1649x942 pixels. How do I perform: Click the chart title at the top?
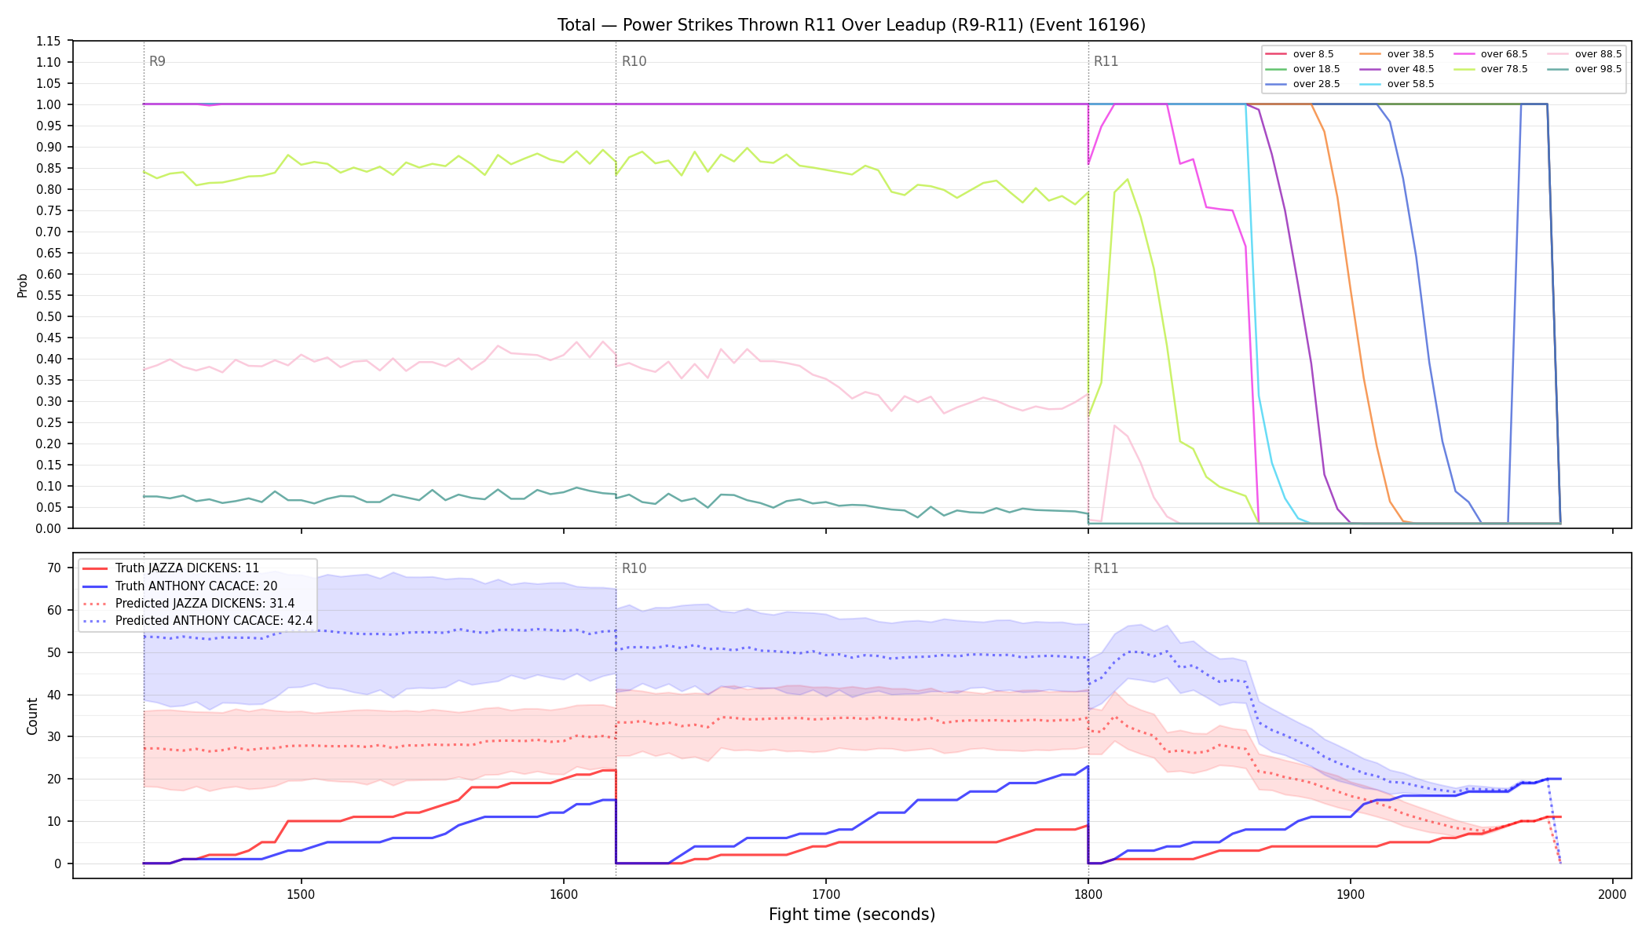click(851, 25)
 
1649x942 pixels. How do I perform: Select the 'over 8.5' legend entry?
click(1300, 54)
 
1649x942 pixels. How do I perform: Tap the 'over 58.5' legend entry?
click(1397, 84)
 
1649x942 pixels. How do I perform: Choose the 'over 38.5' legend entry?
click(1397, 54)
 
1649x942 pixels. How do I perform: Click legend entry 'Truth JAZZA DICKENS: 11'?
click(171, 568)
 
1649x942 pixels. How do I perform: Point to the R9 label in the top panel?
click(157, 61)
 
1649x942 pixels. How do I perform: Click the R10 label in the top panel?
click(634, 61)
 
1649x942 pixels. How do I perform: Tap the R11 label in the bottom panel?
click(1106, 568)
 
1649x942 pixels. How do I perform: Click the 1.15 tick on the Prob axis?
click(49, 41)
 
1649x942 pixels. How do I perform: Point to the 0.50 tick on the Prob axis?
click(49, 316)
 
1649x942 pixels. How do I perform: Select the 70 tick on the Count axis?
click(54, 568)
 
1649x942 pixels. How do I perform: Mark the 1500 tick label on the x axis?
click(301, 893)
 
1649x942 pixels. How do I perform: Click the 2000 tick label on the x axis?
click(1612, 893)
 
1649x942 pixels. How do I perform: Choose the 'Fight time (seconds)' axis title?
click(852, 915)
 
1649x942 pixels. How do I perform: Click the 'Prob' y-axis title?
click(22, 285)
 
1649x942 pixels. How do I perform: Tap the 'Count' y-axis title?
click(32, 716)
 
